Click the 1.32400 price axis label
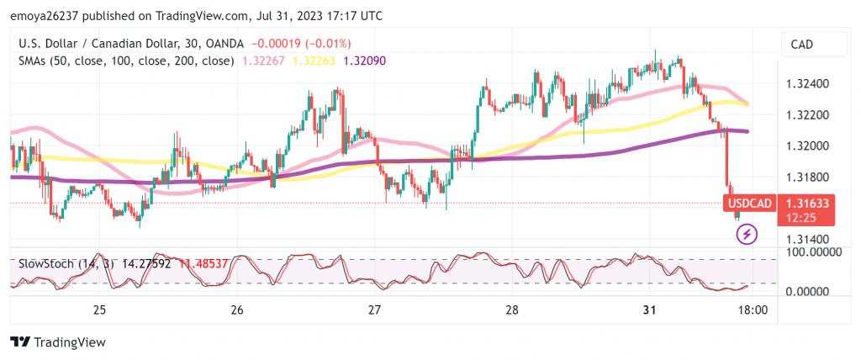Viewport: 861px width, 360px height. (807, 84)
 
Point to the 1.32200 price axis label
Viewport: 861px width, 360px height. (807, 114)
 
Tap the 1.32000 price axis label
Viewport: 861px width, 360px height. (807, 146)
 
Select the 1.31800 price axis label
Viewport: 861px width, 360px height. (807, 177)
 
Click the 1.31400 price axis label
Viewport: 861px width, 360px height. (807, 239)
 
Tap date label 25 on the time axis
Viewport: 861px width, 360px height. (99, 310)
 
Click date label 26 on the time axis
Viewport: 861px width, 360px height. (236, 310)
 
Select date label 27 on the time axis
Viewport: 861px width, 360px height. (374, 310)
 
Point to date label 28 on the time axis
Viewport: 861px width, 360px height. (511, 310)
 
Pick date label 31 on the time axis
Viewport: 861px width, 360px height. (649, 310)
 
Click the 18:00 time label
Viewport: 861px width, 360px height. (752, 310)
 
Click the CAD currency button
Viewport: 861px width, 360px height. (802, 45)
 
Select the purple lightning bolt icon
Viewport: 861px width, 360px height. (747, 234)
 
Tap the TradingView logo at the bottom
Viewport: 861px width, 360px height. (58, 342)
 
